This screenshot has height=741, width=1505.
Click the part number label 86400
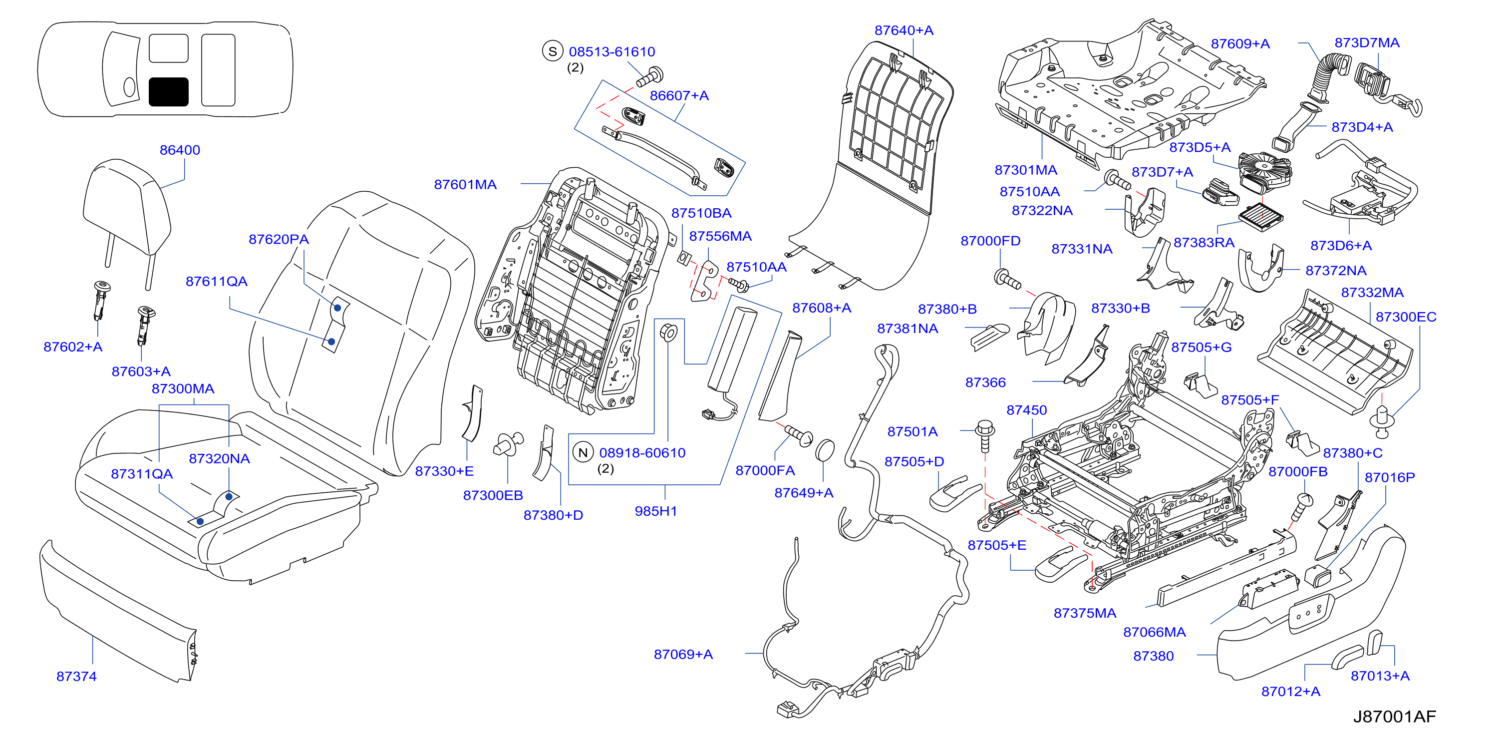click(180, 150)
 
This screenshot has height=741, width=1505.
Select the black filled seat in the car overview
click(169, 92)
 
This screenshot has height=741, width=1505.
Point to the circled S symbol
click(552, 51)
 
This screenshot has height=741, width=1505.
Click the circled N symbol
click(583, 452)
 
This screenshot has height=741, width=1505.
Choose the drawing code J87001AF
click(1394, 717)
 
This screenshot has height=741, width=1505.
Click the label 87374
click(76, 677)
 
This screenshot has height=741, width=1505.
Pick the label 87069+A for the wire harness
click(683, 655)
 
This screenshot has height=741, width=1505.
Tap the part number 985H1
click(655, 511)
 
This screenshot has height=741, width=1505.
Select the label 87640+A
click(904, 30)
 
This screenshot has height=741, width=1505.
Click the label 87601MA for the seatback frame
click(465, 185)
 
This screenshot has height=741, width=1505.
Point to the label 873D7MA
click(1367, 42)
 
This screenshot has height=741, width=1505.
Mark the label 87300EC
click(1406, 317)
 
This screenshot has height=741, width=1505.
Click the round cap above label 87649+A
click(824, 449)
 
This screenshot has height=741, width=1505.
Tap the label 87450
click(1026, 410)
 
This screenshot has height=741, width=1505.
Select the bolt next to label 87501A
click(985, 435)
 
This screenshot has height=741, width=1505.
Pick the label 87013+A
click(1380, 676)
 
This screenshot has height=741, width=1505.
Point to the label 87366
click(985, 383)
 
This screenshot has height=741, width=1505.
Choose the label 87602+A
click(73, 347)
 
